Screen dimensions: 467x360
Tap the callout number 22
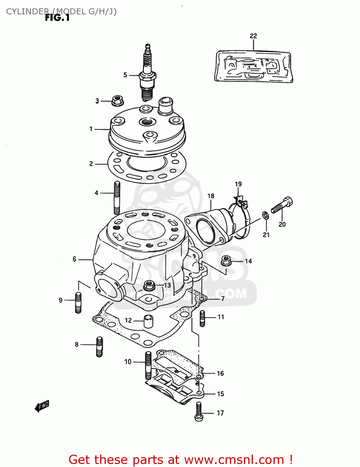pos(253,36)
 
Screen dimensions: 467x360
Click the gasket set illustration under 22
pos(253,67)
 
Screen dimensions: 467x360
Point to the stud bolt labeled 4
pos(117,197)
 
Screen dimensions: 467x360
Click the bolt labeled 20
pos(282,205)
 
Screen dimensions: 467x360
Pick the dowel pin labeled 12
pos(148,321)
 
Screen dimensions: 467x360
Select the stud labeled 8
pos(99,347)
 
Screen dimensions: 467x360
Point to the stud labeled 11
pos(203,318)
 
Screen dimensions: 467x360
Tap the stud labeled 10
pos(148,364)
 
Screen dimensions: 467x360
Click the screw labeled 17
pos(199,412)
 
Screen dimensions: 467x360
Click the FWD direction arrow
pos(42,406)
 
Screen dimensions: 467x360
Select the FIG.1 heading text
pos(57,18)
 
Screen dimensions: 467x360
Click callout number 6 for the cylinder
pos(74,259)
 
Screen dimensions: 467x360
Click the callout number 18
pos(211,196)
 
